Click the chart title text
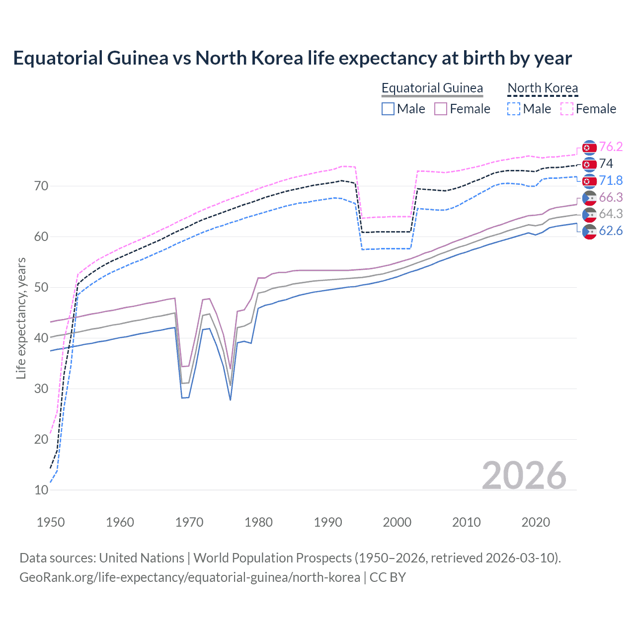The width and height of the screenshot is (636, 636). coord(292,58)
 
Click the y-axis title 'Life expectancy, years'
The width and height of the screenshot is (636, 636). coord(21,318)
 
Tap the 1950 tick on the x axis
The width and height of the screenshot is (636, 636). coord(51,522)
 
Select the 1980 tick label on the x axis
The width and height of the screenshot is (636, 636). coord(258,522)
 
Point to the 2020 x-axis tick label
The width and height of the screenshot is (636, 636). coord(536,522)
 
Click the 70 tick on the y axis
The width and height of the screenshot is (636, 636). coord(41,186)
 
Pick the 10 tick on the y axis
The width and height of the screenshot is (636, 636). coord(41,490)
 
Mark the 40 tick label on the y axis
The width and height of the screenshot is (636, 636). coord(41,338)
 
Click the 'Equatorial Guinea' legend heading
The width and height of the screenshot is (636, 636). coord(432,88)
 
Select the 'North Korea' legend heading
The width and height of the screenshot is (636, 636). coord(543,88)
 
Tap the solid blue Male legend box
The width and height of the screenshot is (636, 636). coord(388,109)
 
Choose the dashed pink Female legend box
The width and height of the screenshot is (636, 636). coord(567,109)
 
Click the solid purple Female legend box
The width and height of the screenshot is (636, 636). coord(441,109)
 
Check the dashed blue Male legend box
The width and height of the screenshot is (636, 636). coord(514,109)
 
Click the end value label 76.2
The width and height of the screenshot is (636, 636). coord(611,147)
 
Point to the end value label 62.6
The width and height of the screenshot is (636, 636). coord(611,231)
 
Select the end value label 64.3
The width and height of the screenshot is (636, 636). coord(611,214)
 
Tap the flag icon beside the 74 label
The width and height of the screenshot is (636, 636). coord(589,164)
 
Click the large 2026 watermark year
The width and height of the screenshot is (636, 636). coord(524,476)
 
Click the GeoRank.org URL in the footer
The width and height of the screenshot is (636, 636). coord(190,577)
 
